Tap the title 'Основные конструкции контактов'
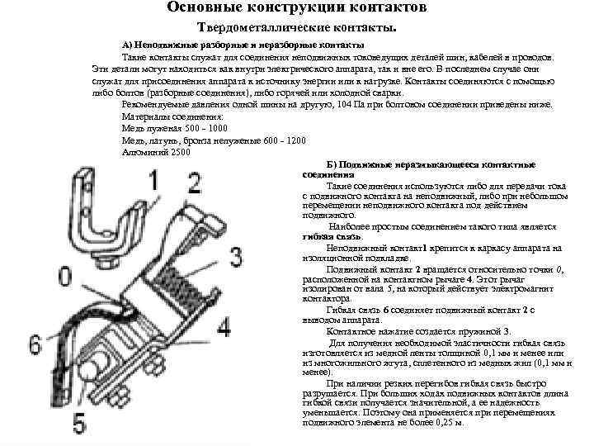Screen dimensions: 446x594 [297, 8]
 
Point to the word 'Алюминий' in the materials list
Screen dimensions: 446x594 [141, 152]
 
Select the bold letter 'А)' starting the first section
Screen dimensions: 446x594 [126, 43]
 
